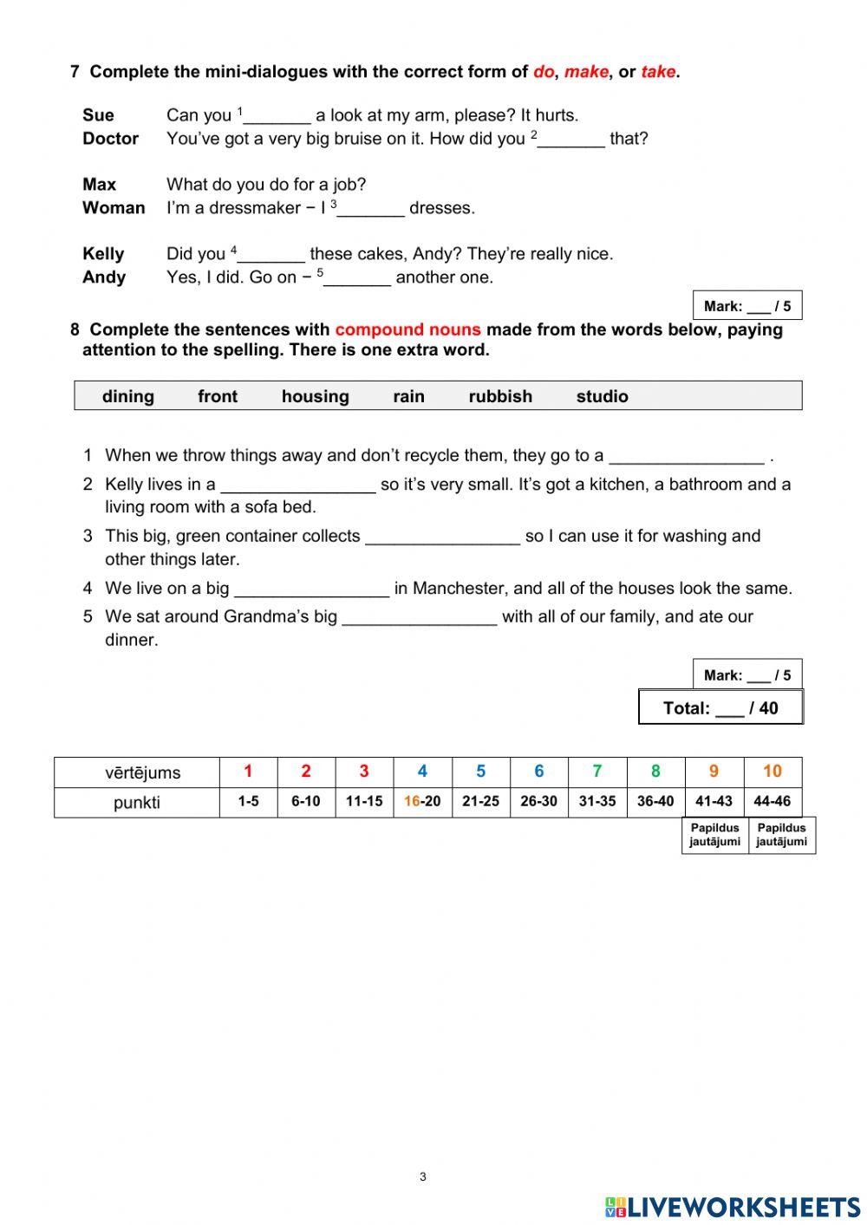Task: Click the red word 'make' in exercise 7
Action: (x=586, y=72)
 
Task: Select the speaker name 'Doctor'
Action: (x=110, y=139)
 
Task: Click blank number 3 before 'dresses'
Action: (x=371, y=209)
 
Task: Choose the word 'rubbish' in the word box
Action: (x=500, y=396)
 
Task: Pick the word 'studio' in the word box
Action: (x=602, y=396)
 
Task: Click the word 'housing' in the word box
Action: (x=315, y=396)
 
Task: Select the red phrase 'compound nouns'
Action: (x=407, y=329)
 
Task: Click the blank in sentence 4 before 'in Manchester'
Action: (x=311, y=590)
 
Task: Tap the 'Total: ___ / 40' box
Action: (x=720, y=707)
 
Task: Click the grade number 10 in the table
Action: (x=772, y=772)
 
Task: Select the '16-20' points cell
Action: (x=422, y=802)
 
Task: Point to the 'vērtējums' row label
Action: (x=136, y=772)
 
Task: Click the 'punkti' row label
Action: (x=136, y=803)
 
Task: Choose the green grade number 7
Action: (x=596, y=772)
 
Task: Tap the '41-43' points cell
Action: (x=714, y=802)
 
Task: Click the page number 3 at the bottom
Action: (x=422, y=1176)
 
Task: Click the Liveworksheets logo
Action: (x=733, y=1207)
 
